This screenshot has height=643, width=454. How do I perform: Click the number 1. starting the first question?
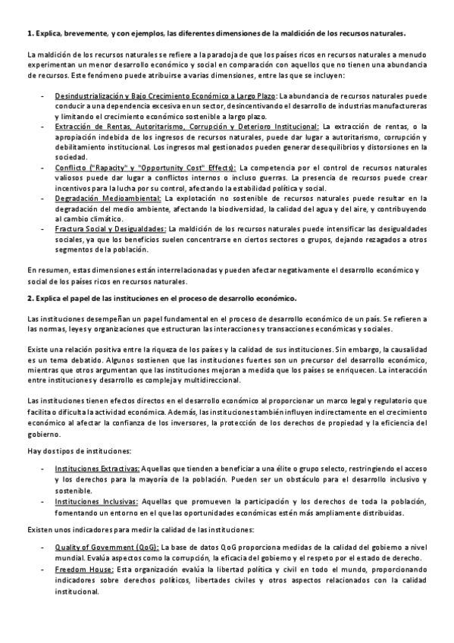point(30,33)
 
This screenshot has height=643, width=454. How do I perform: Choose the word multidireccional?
point(208,380)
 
